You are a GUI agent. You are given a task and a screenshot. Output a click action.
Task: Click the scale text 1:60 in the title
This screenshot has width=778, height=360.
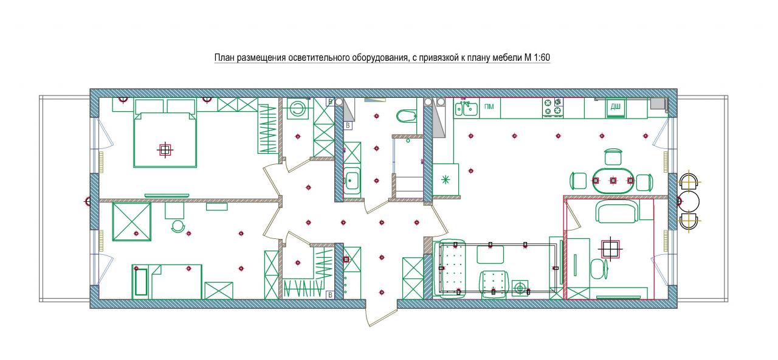point(540,58)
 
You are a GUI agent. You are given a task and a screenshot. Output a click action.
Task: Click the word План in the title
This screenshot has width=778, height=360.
point(224,58)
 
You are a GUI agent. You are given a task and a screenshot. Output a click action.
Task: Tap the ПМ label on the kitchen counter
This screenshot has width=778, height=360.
point(489,106)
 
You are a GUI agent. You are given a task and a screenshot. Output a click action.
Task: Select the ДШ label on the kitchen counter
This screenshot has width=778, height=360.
point(616,106)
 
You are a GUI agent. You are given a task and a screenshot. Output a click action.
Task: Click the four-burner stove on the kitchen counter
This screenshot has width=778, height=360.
point(553,107)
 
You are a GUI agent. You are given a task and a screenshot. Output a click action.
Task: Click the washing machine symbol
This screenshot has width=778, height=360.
point(297,109)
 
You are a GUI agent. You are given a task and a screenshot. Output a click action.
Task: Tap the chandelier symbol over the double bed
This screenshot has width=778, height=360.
point(165,150)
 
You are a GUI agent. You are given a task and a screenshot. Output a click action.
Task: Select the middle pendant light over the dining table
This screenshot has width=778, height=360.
point(613,181)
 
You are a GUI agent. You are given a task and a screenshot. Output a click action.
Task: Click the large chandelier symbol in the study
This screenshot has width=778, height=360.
point(610,249)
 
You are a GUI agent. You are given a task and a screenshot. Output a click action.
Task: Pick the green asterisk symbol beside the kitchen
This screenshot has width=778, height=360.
point(446,179)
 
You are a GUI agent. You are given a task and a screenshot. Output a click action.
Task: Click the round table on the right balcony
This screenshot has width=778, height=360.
point(689,201)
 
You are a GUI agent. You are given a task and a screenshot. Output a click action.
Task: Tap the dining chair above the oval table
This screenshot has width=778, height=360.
point(613,157)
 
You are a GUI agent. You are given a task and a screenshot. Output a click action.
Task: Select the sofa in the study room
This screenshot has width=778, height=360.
point(617,211)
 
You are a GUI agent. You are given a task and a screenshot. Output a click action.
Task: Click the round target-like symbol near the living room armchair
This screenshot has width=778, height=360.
point(520,288)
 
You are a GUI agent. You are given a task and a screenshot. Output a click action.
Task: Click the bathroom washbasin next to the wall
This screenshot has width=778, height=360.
point(352,181)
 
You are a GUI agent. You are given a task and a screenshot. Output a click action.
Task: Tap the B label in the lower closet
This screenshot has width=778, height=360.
point(330,295)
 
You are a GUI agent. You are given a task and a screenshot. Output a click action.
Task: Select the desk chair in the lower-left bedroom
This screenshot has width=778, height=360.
point(178,226)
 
